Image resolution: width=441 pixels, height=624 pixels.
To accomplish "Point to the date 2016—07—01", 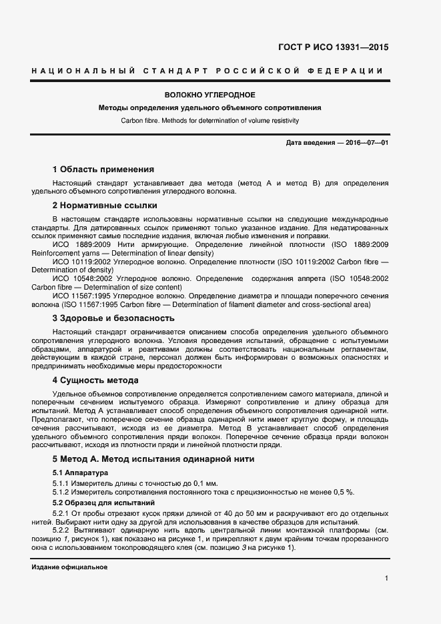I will coord(366,143).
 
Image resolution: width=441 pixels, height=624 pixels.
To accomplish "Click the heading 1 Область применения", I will coord(103,169).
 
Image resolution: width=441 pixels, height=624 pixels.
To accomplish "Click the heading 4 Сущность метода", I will coord(95,380).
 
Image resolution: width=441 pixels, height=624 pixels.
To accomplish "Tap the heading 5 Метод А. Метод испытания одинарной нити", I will coord(153,459).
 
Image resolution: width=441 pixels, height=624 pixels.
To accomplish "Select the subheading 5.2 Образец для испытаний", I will coord(103,501).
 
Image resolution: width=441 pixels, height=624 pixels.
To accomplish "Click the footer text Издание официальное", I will coord(69,567).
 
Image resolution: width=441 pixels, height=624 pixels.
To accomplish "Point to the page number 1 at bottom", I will coord(386,579).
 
